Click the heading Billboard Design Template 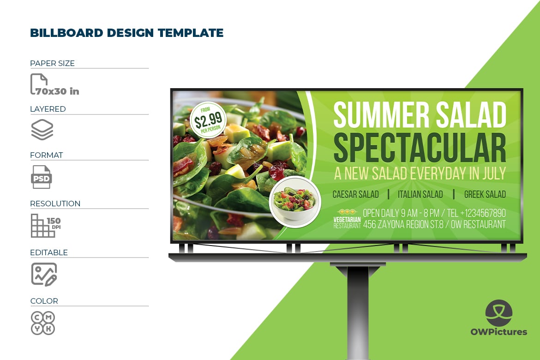click(127, 33)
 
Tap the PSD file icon click(42, 177)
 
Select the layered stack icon click(42, 130)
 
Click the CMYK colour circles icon click(43, 323)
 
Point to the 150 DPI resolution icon click(45, 226)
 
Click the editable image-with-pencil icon click(44, 275)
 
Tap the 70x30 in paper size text click(57, 91)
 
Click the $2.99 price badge click(208, 120)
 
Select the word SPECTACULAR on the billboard click(420, 148)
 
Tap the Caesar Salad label click(355, 194)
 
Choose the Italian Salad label click(420, 194)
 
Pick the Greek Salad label click(485, 194)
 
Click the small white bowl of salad click(295, 202)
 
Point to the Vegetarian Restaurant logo click(347, 219)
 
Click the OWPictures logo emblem click(498, 313)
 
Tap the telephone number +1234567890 click(483, 213)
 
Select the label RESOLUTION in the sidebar click(55, 204)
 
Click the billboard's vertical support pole click(358, 312)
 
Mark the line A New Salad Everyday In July click(420, 173)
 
